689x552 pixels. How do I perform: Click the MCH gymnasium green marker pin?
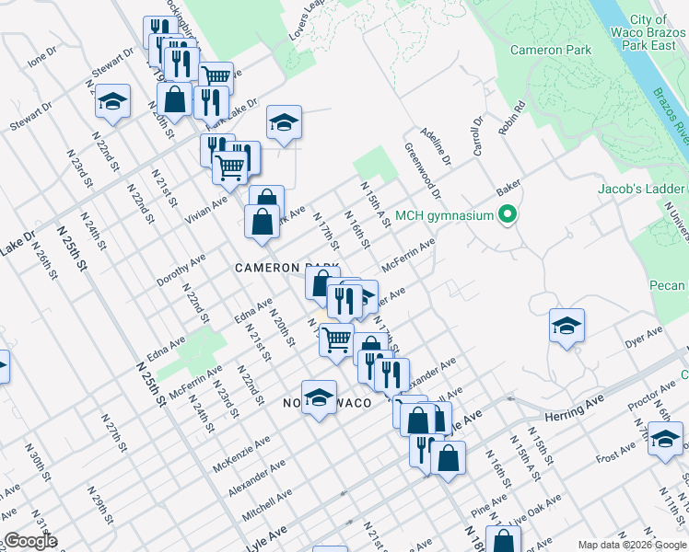[x=506, y=217]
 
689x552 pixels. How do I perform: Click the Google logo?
[x=29, y=541]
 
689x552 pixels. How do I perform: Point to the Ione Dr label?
[x=42, y=57]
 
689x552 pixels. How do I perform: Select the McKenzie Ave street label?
[x=241, y=452]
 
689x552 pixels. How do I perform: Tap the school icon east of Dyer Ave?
[x=566, y=325]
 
